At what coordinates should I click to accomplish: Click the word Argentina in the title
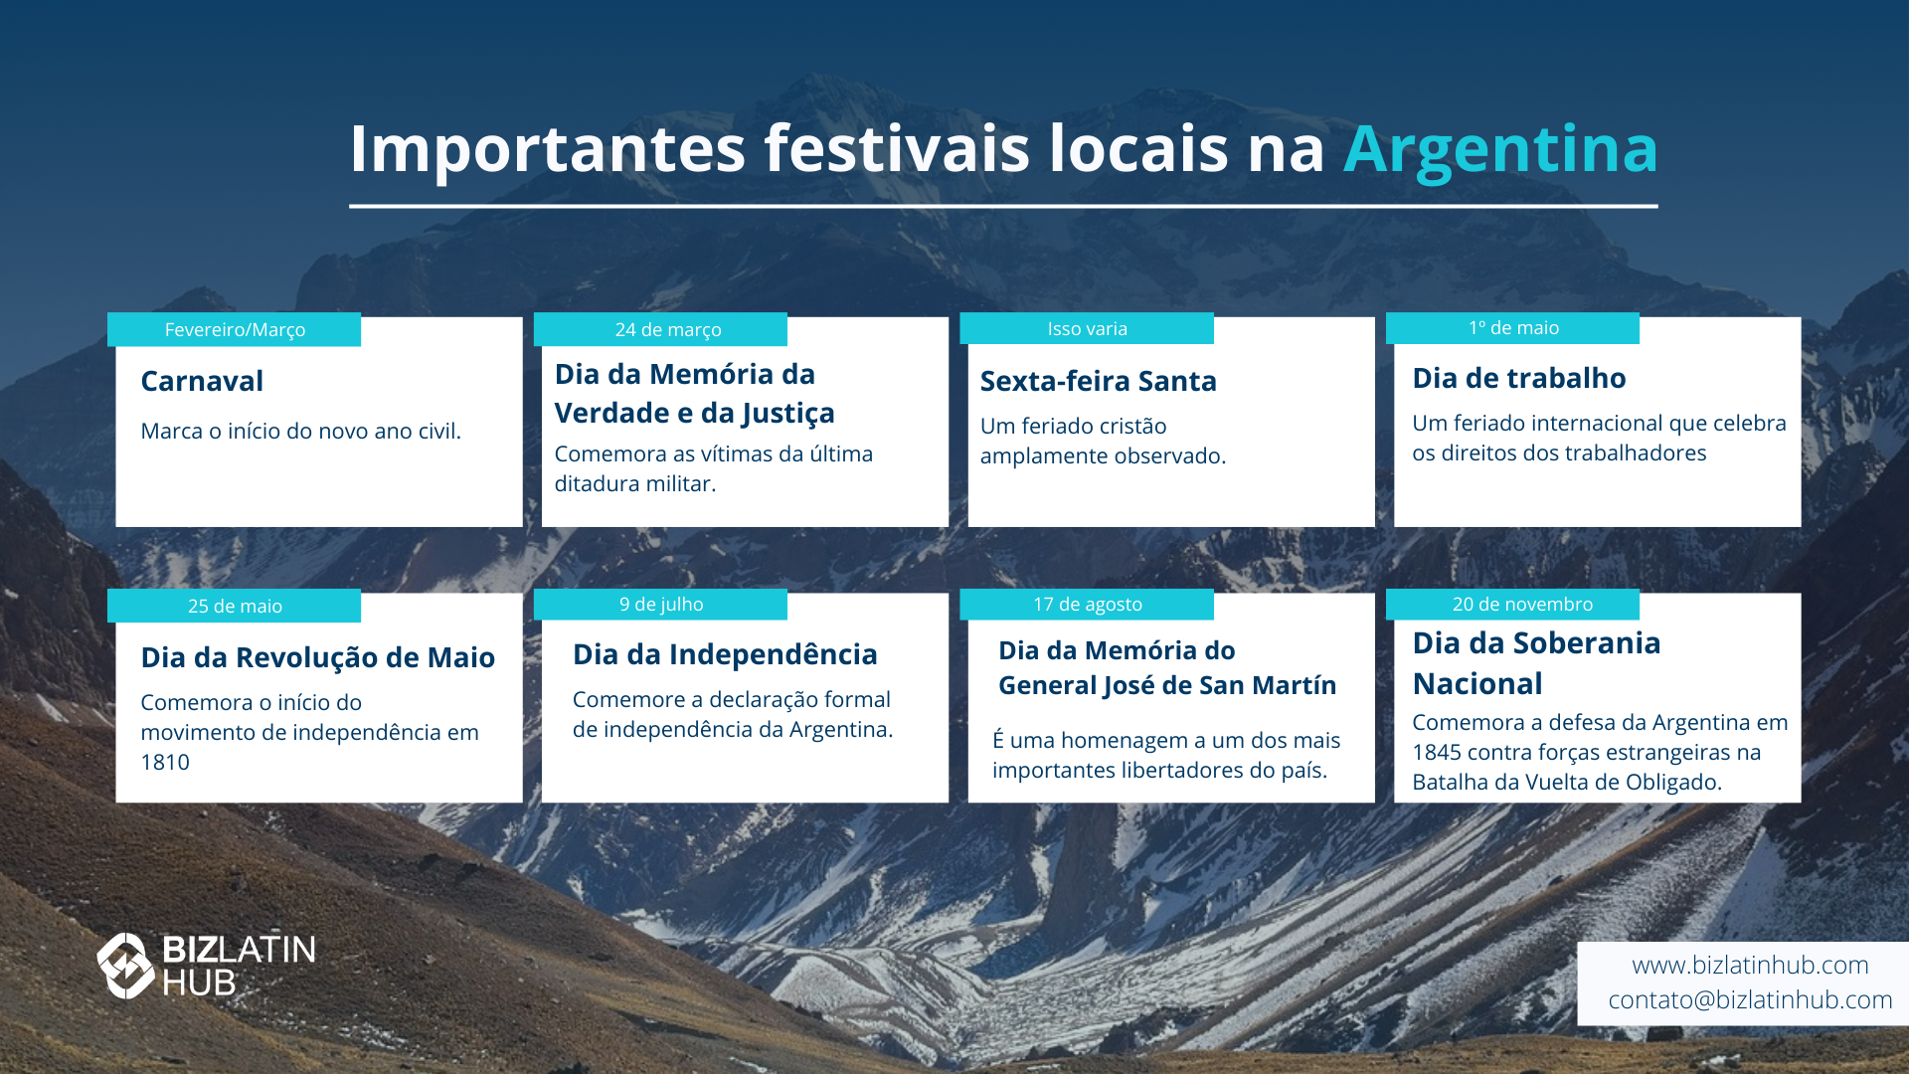[1500, 149]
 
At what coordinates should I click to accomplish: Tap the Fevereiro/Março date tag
[235, 329]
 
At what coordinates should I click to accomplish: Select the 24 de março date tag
[660, 329]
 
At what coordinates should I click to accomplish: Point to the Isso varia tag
[1087, 328]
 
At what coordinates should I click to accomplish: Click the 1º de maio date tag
[1512, 328]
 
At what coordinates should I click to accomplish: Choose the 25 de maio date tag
[235, 606]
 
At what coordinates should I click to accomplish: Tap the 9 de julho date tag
[660, 605]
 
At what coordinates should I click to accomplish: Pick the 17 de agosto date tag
[1087, 605]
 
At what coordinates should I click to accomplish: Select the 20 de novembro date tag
[1512, 605]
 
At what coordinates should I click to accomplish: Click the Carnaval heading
[202, 381]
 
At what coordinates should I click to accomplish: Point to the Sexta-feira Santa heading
[1098, 381]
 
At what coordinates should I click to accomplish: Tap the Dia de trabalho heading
[1518, 378]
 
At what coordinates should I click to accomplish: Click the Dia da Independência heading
[725, 654]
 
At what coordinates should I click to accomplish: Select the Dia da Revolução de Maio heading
[317, 657]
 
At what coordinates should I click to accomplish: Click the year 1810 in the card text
[165, 763]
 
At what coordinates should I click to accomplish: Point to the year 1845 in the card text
[1437, 753]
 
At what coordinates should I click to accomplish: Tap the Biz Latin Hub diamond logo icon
[125, 966]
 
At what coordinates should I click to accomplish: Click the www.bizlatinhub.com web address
[1750, 966]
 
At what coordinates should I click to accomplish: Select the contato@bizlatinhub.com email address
[1750, 1000]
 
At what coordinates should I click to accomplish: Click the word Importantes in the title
[547, 151]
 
